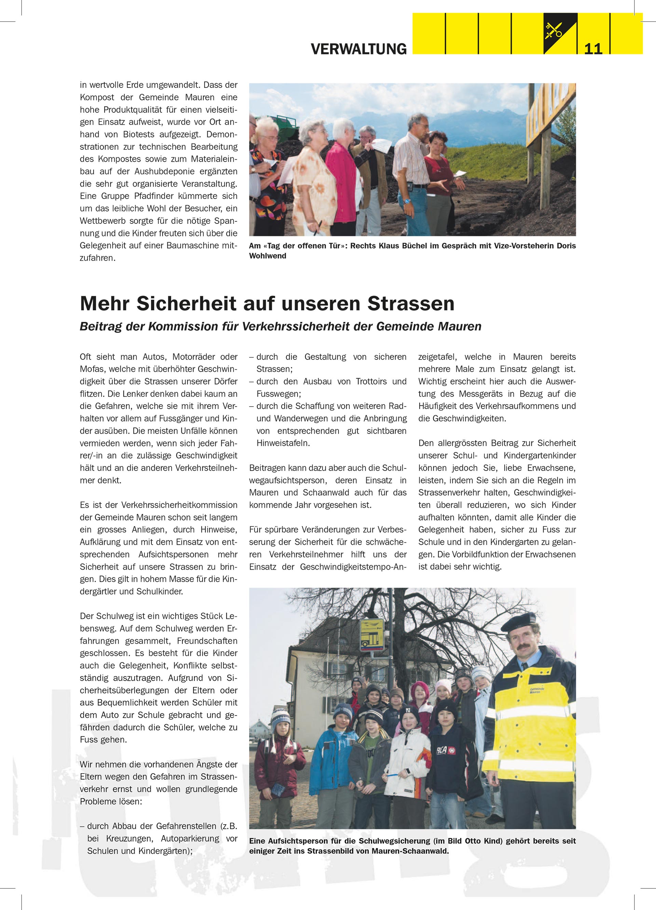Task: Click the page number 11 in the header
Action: point(593,49)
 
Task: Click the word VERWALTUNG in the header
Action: point(358,49)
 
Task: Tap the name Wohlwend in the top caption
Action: point(268,256)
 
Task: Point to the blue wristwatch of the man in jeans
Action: point(408,201)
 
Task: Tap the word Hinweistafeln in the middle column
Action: point(283,443)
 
